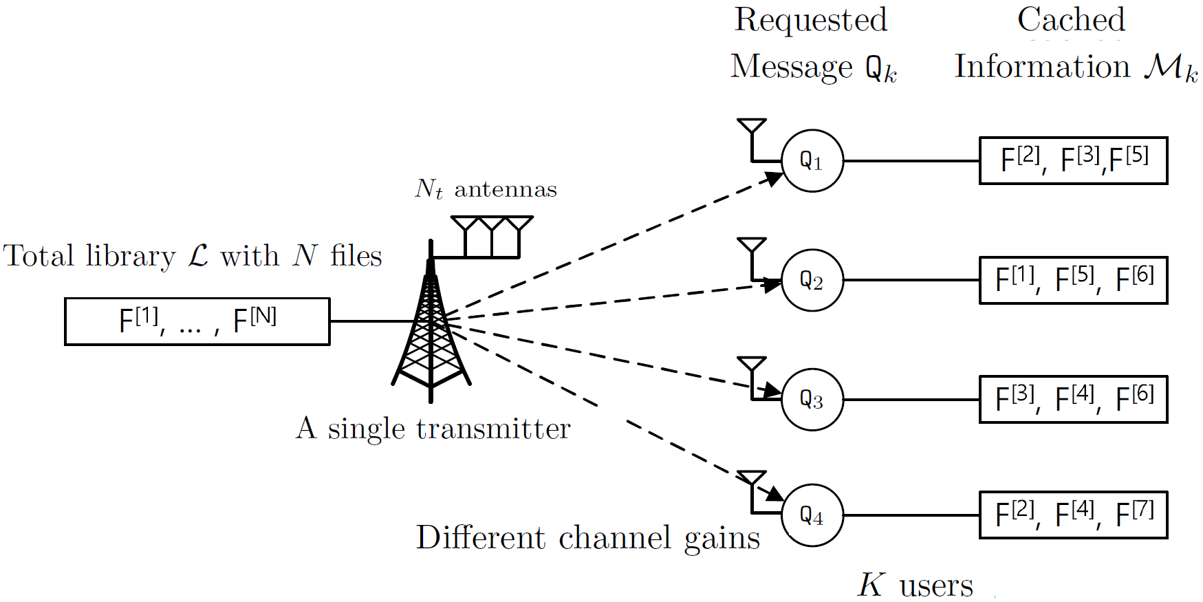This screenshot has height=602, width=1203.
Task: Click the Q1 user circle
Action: (812, 160)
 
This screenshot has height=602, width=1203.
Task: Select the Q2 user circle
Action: (812, 280)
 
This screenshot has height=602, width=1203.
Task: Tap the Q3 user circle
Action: (812, 399)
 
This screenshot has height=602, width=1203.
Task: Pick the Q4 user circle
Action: (812, 515)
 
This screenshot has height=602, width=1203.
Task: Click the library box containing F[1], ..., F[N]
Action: (197, 321)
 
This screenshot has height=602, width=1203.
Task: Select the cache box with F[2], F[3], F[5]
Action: (1073, 160)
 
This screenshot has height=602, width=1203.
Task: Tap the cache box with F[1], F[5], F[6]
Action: (1073, 280)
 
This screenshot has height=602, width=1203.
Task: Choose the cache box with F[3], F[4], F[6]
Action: (1073, 399)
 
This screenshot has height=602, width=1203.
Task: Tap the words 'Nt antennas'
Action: (486, 189)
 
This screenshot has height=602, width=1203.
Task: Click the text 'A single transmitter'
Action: (433, 429)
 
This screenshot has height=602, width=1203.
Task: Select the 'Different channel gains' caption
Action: (588, 538)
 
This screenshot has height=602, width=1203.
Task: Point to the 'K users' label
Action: (915, 585)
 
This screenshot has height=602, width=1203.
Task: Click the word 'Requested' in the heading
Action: (811, 20)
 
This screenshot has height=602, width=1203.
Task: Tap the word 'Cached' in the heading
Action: (1071, 19)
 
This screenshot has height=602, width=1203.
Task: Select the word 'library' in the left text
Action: (131, 256)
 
